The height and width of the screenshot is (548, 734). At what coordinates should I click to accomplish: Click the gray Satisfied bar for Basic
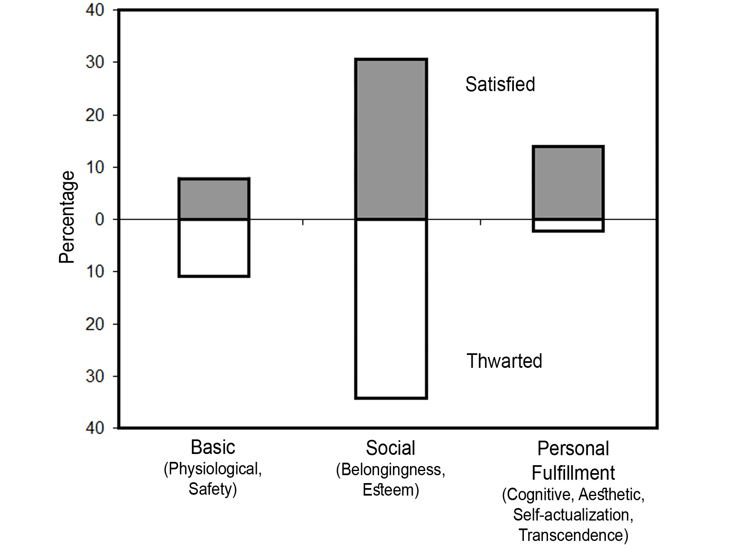214,199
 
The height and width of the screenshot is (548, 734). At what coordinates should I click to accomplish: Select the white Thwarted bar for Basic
214,248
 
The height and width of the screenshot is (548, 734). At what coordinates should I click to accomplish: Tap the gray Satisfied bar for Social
391,139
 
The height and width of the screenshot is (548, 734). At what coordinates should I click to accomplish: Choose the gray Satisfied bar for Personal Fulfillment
568,183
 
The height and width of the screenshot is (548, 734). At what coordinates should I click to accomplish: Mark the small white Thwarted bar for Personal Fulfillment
568,225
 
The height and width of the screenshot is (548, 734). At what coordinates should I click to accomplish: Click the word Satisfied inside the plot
500,84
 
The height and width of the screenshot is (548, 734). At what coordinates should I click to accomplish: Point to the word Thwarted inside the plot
504,361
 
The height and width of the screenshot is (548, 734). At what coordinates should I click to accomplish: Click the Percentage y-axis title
67,217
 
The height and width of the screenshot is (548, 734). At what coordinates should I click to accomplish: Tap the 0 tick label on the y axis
99,219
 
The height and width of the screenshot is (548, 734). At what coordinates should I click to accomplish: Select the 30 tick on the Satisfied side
95,62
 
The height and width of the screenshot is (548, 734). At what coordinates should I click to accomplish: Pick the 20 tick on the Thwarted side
95,324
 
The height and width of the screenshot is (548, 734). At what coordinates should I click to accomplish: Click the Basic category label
213,447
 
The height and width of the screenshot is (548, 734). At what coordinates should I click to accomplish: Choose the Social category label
391,448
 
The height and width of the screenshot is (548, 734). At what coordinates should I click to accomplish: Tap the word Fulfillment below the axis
573,473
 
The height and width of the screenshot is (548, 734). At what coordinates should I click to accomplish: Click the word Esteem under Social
389,490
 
